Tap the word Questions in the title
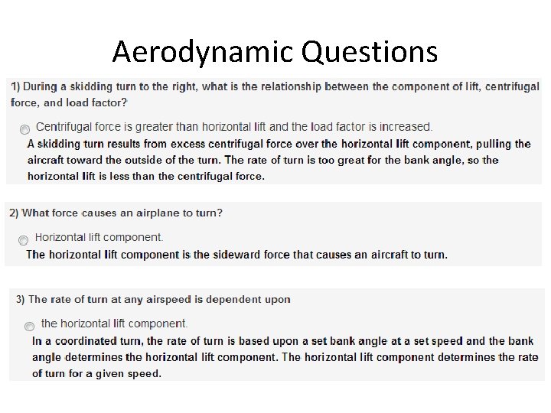pos(370,52)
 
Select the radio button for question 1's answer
pos(25,129)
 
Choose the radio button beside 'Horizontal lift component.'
pos(24,240)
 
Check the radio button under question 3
pos(29,326)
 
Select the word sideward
pos(237,255)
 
